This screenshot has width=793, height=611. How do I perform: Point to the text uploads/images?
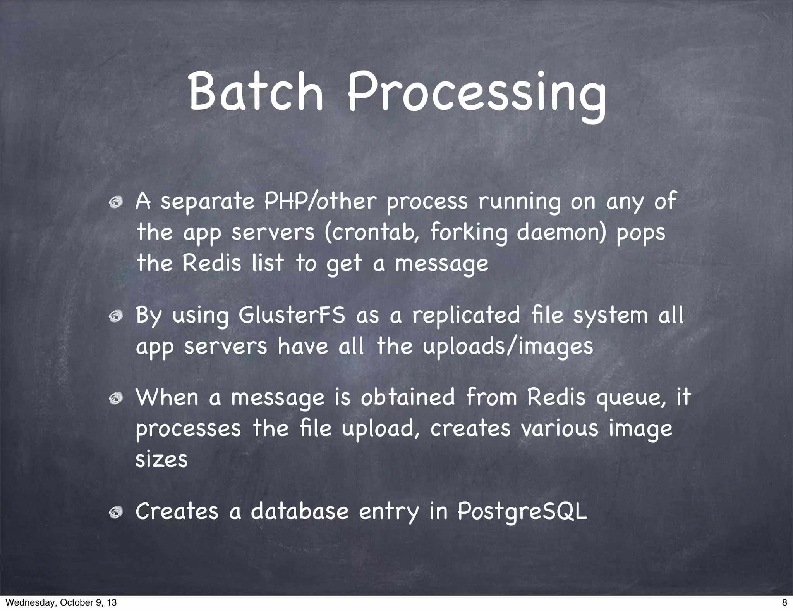[507, 347]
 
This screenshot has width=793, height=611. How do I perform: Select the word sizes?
[161, 460]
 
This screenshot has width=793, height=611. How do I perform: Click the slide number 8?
[784, 602]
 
